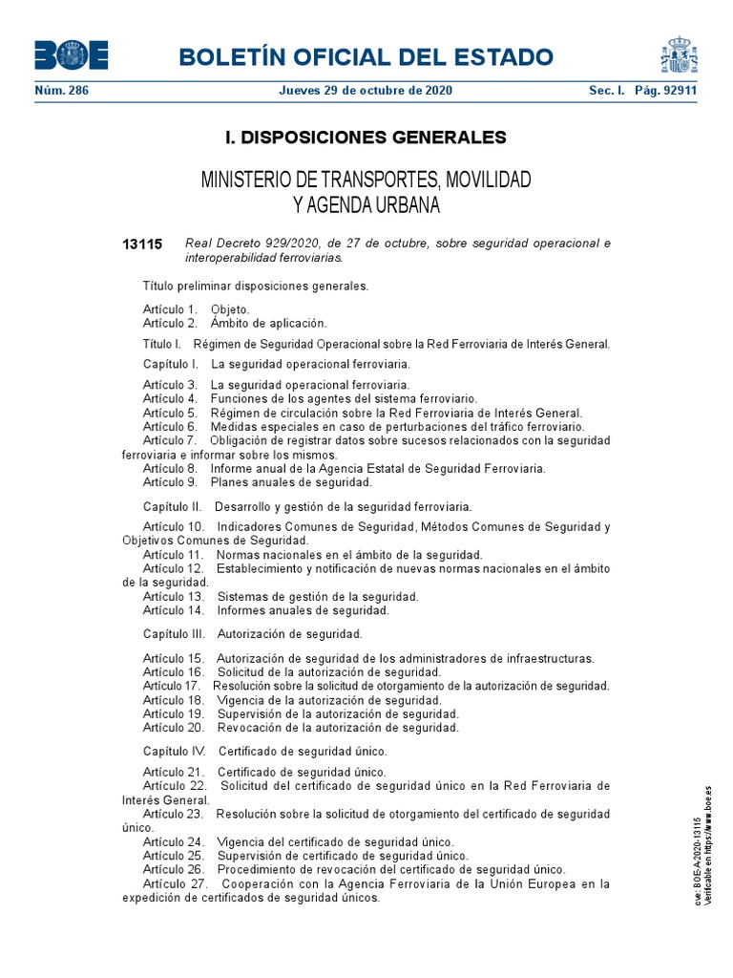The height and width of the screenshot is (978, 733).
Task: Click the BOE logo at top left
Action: pos(72,55)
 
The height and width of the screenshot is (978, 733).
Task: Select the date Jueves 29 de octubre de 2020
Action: pos(366,91)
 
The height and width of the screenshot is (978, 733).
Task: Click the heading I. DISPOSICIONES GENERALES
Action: pos(366,138)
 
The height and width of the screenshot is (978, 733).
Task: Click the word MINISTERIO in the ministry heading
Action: pos(249,180)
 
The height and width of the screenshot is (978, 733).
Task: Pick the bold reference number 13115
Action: pos(143,244)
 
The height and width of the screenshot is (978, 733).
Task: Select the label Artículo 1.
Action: pos(170,309)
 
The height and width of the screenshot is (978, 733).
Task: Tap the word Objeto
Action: pos(230,309)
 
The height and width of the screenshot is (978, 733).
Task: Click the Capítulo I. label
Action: pos(170,364)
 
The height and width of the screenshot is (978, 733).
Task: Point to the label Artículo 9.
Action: pos(170,482)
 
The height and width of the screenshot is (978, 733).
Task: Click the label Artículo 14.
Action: pos(174,609)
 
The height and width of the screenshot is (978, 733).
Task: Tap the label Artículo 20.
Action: pos(174,727)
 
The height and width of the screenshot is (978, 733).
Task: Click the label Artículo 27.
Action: pos(174,883)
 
